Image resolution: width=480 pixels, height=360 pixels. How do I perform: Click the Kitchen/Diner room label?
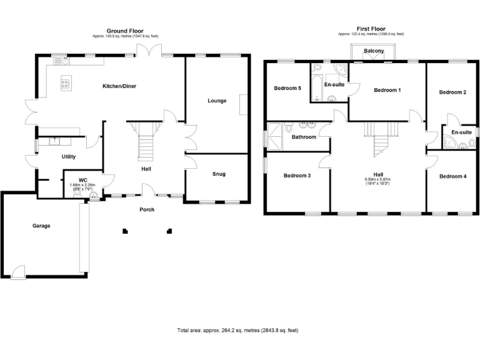point(119,86)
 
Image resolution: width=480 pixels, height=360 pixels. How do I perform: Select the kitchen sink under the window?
point(60,61)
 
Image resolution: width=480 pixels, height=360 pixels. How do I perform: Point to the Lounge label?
point(217,101)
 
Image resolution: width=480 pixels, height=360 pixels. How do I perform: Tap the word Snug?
point(219,174)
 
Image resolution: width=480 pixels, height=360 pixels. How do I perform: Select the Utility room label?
point(69,157)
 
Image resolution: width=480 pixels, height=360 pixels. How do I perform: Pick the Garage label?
point(41,226)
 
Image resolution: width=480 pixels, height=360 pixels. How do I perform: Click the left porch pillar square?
point(125,231)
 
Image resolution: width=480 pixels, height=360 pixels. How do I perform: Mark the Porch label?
point(146,209)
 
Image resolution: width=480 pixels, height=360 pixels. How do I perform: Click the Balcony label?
point(374,51)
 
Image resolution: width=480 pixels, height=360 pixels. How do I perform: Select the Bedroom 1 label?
point(387,91)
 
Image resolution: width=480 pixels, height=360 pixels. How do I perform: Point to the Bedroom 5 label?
point(287,88)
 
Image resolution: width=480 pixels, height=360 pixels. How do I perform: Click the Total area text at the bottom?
point(238,329)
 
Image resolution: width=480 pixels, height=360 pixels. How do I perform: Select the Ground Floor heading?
point(125,30)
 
